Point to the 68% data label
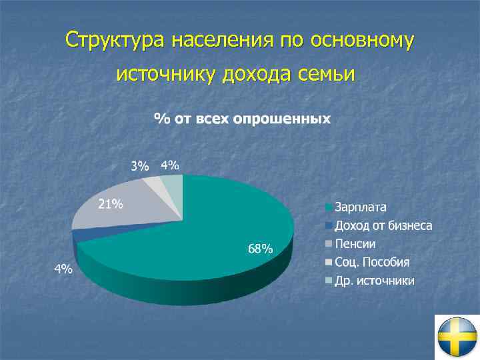(260, 249)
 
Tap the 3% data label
(139, 167)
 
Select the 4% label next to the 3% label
(170, 165)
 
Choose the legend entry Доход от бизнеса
(383, 225)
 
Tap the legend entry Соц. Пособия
(372, 261)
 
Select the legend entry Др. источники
(374, 280)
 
